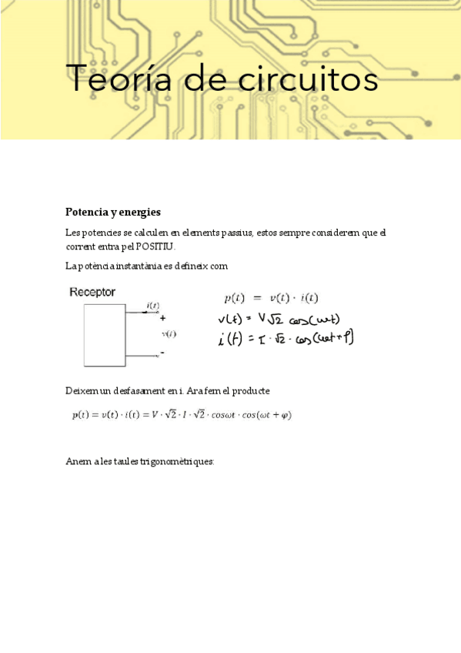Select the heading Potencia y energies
coord(113,212)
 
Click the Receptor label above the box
coord(92,292)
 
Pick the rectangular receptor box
coord(104,335)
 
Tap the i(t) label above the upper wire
coord(152,306)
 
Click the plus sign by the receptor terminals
coord(162,317)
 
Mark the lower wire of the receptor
coord(142,356)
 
